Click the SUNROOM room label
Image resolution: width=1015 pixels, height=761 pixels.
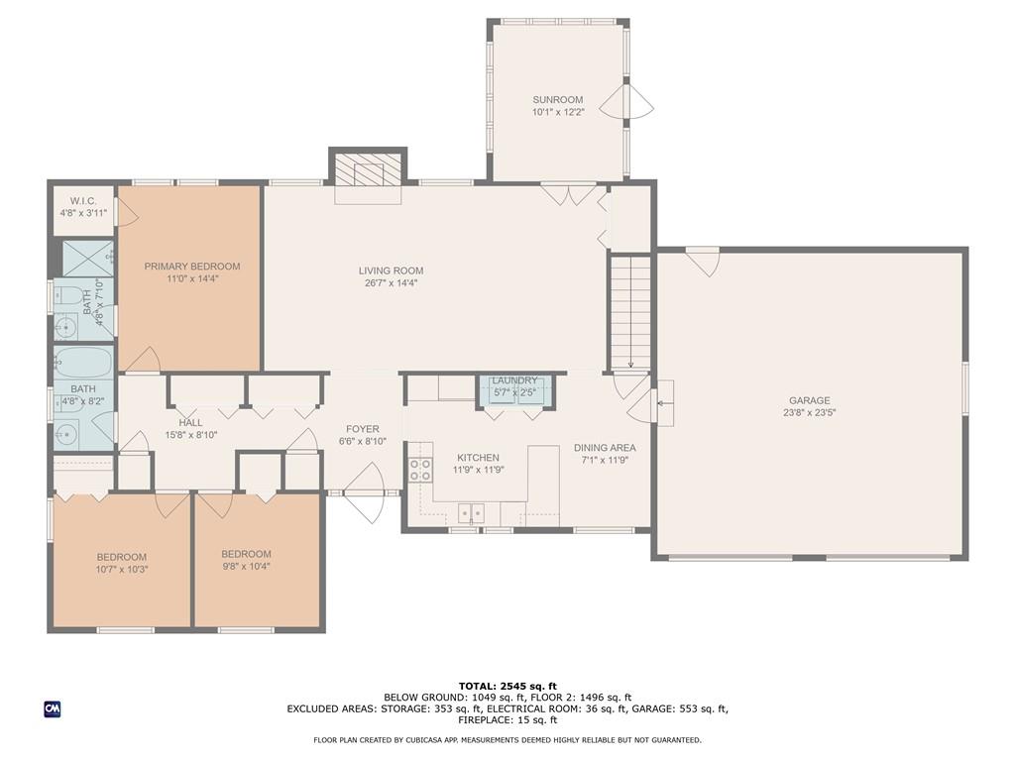pos(557,100)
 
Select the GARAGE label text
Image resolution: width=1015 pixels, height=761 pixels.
pos(809,400)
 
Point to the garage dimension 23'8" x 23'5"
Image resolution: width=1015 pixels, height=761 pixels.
pos(809,412)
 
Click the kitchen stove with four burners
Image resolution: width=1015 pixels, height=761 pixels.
pos(420,469)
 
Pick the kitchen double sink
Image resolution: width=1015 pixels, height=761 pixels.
pos(471,513)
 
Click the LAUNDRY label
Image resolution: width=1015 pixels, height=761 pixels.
pos(514,380)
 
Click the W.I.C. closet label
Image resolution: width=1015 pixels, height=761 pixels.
pos(83,201)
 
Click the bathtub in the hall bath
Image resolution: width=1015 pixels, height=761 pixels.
pos(83,363)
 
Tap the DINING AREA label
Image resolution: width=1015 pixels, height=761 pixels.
pos(605,448)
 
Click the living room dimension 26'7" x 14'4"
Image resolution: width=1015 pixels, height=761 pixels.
pos(391,282)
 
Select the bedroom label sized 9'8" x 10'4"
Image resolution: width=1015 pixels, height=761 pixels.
pos(246,554)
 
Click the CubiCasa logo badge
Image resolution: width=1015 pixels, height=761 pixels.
pos(53,709)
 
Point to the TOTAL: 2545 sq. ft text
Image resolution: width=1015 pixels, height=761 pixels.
pos(507,686)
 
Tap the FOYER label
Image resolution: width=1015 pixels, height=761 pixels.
pos(363,429)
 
